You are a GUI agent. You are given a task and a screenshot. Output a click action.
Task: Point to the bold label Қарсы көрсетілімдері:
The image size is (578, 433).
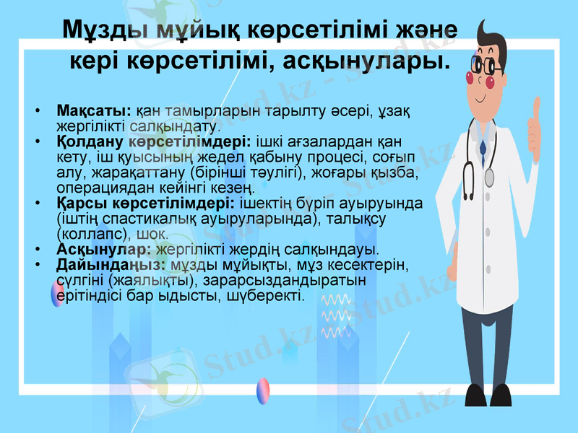[x=144, y=201]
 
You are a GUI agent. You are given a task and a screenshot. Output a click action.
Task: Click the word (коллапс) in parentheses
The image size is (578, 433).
[x=91, y=234]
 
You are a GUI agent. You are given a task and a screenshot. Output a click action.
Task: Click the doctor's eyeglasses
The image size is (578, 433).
[x=486, y=66]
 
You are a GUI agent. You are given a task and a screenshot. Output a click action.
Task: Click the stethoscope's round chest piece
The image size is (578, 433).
[x=489, y=176]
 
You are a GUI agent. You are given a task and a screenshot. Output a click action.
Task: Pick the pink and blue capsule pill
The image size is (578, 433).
[x=264, y=390]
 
